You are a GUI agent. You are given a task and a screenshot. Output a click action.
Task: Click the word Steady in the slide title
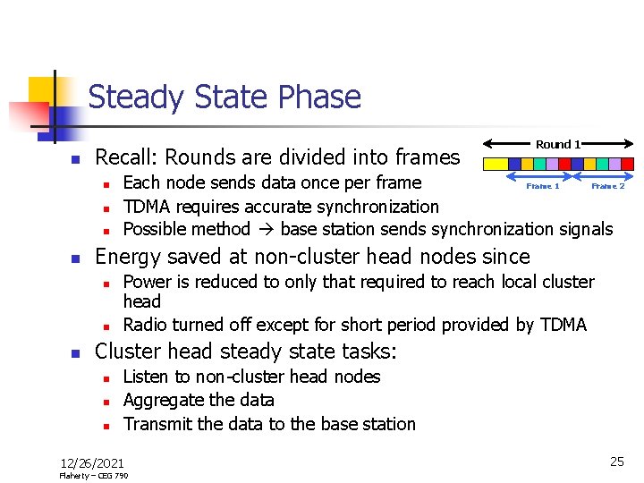click(x=131, y=97)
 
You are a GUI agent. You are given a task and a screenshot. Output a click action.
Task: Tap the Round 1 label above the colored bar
click(x=558, y=144)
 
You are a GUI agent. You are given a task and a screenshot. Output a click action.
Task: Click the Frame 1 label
click(x=542, y=186)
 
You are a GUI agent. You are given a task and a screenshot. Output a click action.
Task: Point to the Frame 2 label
click(x=607, y=186)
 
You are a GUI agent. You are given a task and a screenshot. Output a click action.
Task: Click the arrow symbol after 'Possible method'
click(x=265, y=229)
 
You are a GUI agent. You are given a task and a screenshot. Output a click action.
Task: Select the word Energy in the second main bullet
click(x=127, y=257)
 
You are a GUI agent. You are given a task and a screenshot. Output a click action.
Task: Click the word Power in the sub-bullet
click(x=146, y=282)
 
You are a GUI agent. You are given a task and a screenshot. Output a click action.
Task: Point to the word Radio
click(x=145, y=325)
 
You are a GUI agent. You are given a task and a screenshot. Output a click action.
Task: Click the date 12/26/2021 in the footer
click(x=92, y=462)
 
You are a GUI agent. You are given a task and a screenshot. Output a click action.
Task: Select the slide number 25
click(x=616, y=462)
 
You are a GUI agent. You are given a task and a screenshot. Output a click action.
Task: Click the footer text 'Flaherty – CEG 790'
click(x=93, y=476)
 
